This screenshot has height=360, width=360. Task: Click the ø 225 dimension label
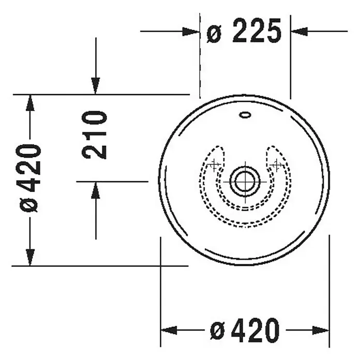click(x=244, y=31)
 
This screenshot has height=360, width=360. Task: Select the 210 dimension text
click(x=94, y=135)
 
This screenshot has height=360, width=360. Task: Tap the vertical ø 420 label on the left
click(x=28, y=178)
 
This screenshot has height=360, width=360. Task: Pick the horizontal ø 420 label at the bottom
click(x=245, y=330)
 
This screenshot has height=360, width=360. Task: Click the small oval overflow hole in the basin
click(x=245, y=114)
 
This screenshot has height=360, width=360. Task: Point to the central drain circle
click(x=245, y=182)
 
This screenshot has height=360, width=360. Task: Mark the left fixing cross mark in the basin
click(x=214, y=165)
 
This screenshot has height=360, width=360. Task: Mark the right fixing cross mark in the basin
click(x=277, y=164)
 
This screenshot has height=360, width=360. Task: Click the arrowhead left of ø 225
click(x=190, y=32)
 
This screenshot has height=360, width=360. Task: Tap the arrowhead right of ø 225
click(x=299, y=31)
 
